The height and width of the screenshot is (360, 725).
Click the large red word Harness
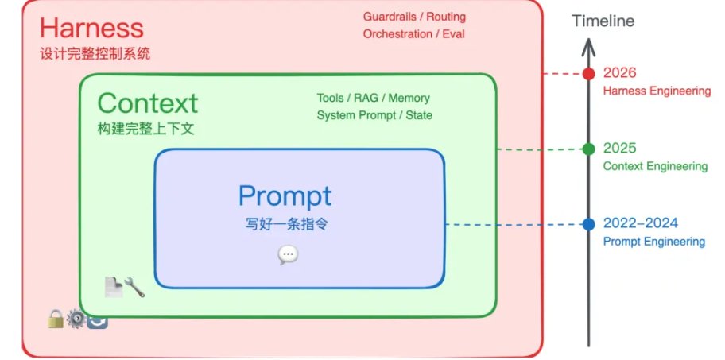click(91, 29)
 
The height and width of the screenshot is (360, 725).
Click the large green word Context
click(147, 103)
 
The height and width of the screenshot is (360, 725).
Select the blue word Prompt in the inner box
click(285, 195)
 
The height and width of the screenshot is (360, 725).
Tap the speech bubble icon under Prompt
click(288, 254)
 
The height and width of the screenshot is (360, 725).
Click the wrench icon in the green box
click(134, 287)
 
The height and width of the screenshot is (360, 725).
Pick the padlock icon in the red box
click(56, 319)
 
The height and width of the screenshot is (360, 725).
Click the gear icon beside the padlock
click(76, 319)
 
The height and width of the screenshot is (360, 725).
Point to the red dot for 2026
click(588, 74)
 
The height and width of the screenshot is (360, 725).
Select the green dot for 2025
click(588, 149)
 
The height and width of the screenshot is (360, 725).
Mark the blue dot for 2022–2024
click(588, 224)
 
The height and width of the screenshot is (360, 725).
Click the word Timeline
click(603, 21)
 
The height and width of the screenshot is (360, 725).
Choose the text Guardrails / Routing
click(414, 17)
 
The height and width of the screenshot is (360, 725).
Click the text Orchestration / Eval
click(413, 34)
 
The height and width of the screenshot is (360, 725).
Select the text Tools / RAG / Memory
click(373, 98)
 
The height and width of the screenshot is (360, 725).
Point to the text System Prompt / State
click(374, 115)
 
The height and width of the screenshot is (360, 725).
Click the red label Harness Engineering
click(657, 91)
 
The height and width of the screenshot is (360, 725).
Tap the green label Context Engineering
click(655, 166)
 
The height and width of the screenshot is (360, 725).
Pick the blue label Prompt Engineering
click(653, 242)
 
